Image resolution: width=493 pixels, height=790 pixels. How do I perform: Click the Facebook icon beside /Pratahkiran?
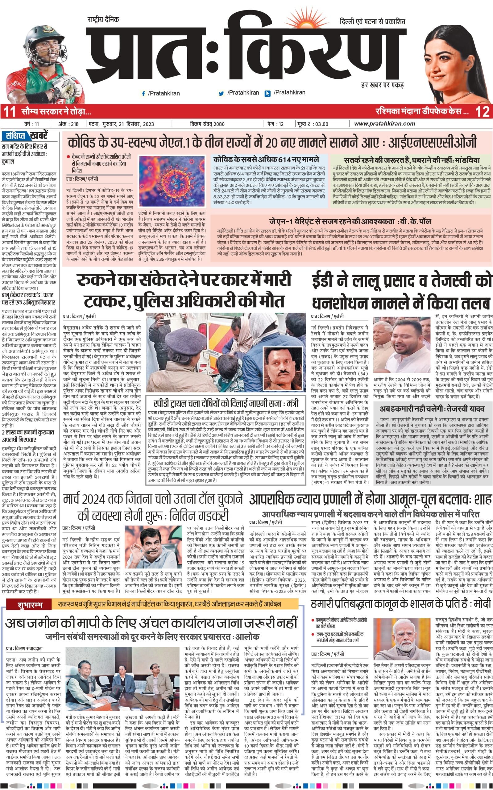tap(143, 94)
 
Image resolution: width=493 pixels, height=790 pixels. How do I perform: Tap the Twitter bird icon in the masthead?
tap(222, 93)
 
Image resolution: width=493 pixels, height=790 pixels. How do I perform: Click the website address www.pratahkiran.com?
tap(384, 123)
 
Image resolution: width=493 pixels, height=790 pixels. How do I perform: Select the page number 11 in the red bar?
tap(9, 112)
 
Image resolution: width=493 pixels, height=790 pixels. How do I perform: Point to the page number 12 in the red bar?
tap(482, 112)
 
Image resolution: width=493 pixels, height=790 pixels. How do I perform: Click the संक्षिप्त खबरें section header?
tap(24, 135)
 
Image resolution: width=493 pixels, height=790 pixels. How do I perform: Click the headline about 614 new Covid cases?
tap(266, 160)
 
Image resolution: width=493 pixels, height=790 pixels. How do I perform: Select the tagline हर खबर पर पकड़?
tap(382, 85)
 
